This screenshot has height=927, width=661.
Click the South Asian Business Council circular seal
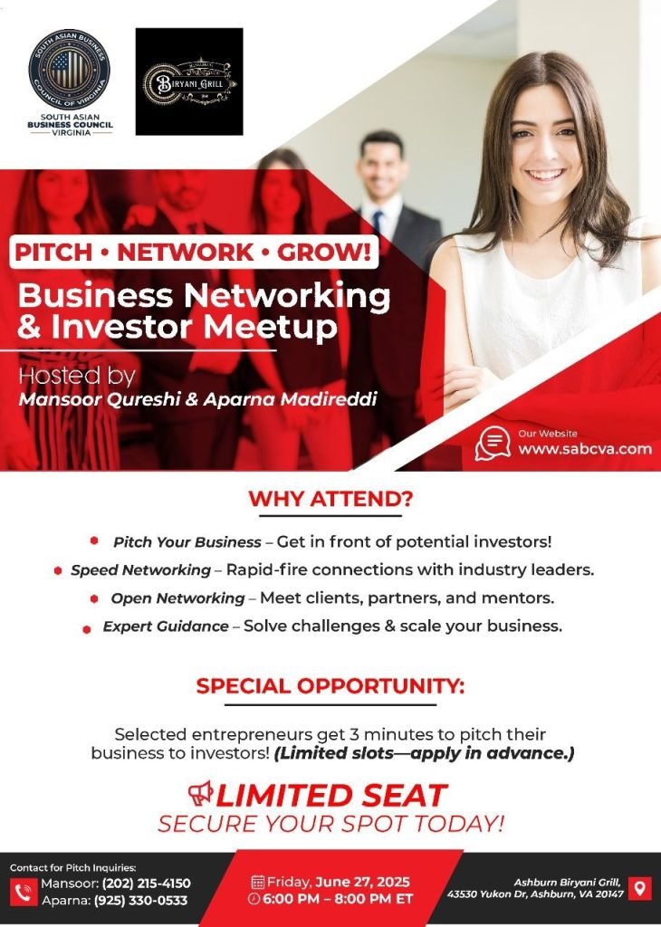coord(70,69)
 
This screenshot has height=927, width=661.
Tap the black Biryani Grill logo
coord(189,81)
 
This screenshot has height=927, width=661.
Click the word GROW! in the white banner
coord(324,253)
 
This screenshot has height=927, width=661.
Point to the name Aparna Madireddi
coord(291,399)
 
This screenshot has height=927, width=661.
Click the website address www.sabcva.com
coord(585,449)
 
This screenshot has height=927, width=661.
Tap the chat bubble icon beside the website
coord(493,444)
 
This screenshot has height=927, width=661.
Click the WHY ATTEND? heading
coord(330,499)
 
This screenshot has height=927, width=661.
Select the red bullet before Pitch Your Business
coord(94,540)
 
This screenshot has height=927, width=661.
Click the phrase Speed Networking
coord(140,570)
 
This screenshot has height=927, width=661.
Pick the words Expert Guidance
coord(166,626)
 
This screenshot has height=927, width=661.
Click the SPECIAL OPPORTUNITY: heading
coord(330,686)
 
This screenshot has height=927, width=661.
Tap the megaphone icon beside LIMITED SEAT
coord(201,793)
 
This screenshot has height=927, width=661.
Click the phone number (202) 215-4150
coord(146,884)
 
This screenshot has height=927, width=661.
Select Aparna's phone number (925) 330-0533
coord(142,901)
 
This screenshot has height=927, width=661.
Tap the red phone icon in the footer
coord(24,892)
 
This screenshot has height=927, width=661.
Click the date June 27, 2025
coord(362,882)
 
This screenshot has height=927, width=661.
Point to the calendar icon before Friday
coord(258,883)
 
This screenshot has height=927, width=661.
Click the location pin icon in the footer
coord(639,889)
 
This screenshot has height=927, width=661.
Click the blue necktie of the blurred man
coord(378,221)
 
